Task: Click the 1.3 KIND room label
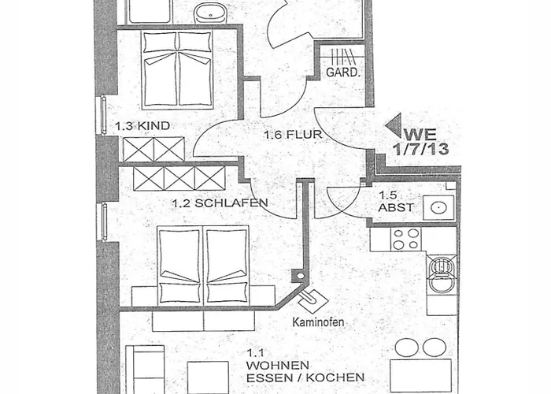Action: (x=142, y=125)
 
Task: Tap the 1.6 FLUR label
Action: (x=293, y=135)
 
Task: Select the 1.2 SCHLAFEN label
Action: (x=220, y=203)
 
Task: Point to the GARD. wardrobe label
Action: (x=343, y=72)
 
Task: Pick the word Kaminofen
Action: (x=318, y=322)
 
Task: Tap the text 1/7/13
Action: (x=421, y=149)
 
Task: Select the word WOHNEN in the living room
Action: (x=278, y=365)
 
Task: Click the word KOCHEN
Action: (x=335, y=377)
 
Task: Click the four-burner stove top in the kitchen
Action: (x=406, y=240)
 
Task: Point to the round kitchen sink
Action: (x=442, y=274)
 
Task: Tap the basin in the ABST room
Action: (x=438, y=207)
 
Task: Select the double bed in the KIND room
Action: (x=177, y=69)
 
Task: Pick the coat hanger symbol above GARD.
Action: (x=341, y=57)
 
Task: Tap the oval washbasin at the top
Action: (x=210, y=13)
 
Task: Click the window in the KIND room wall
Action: (x=103, y=115)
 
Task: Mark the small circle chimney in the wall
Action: (x=300, y=276)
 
